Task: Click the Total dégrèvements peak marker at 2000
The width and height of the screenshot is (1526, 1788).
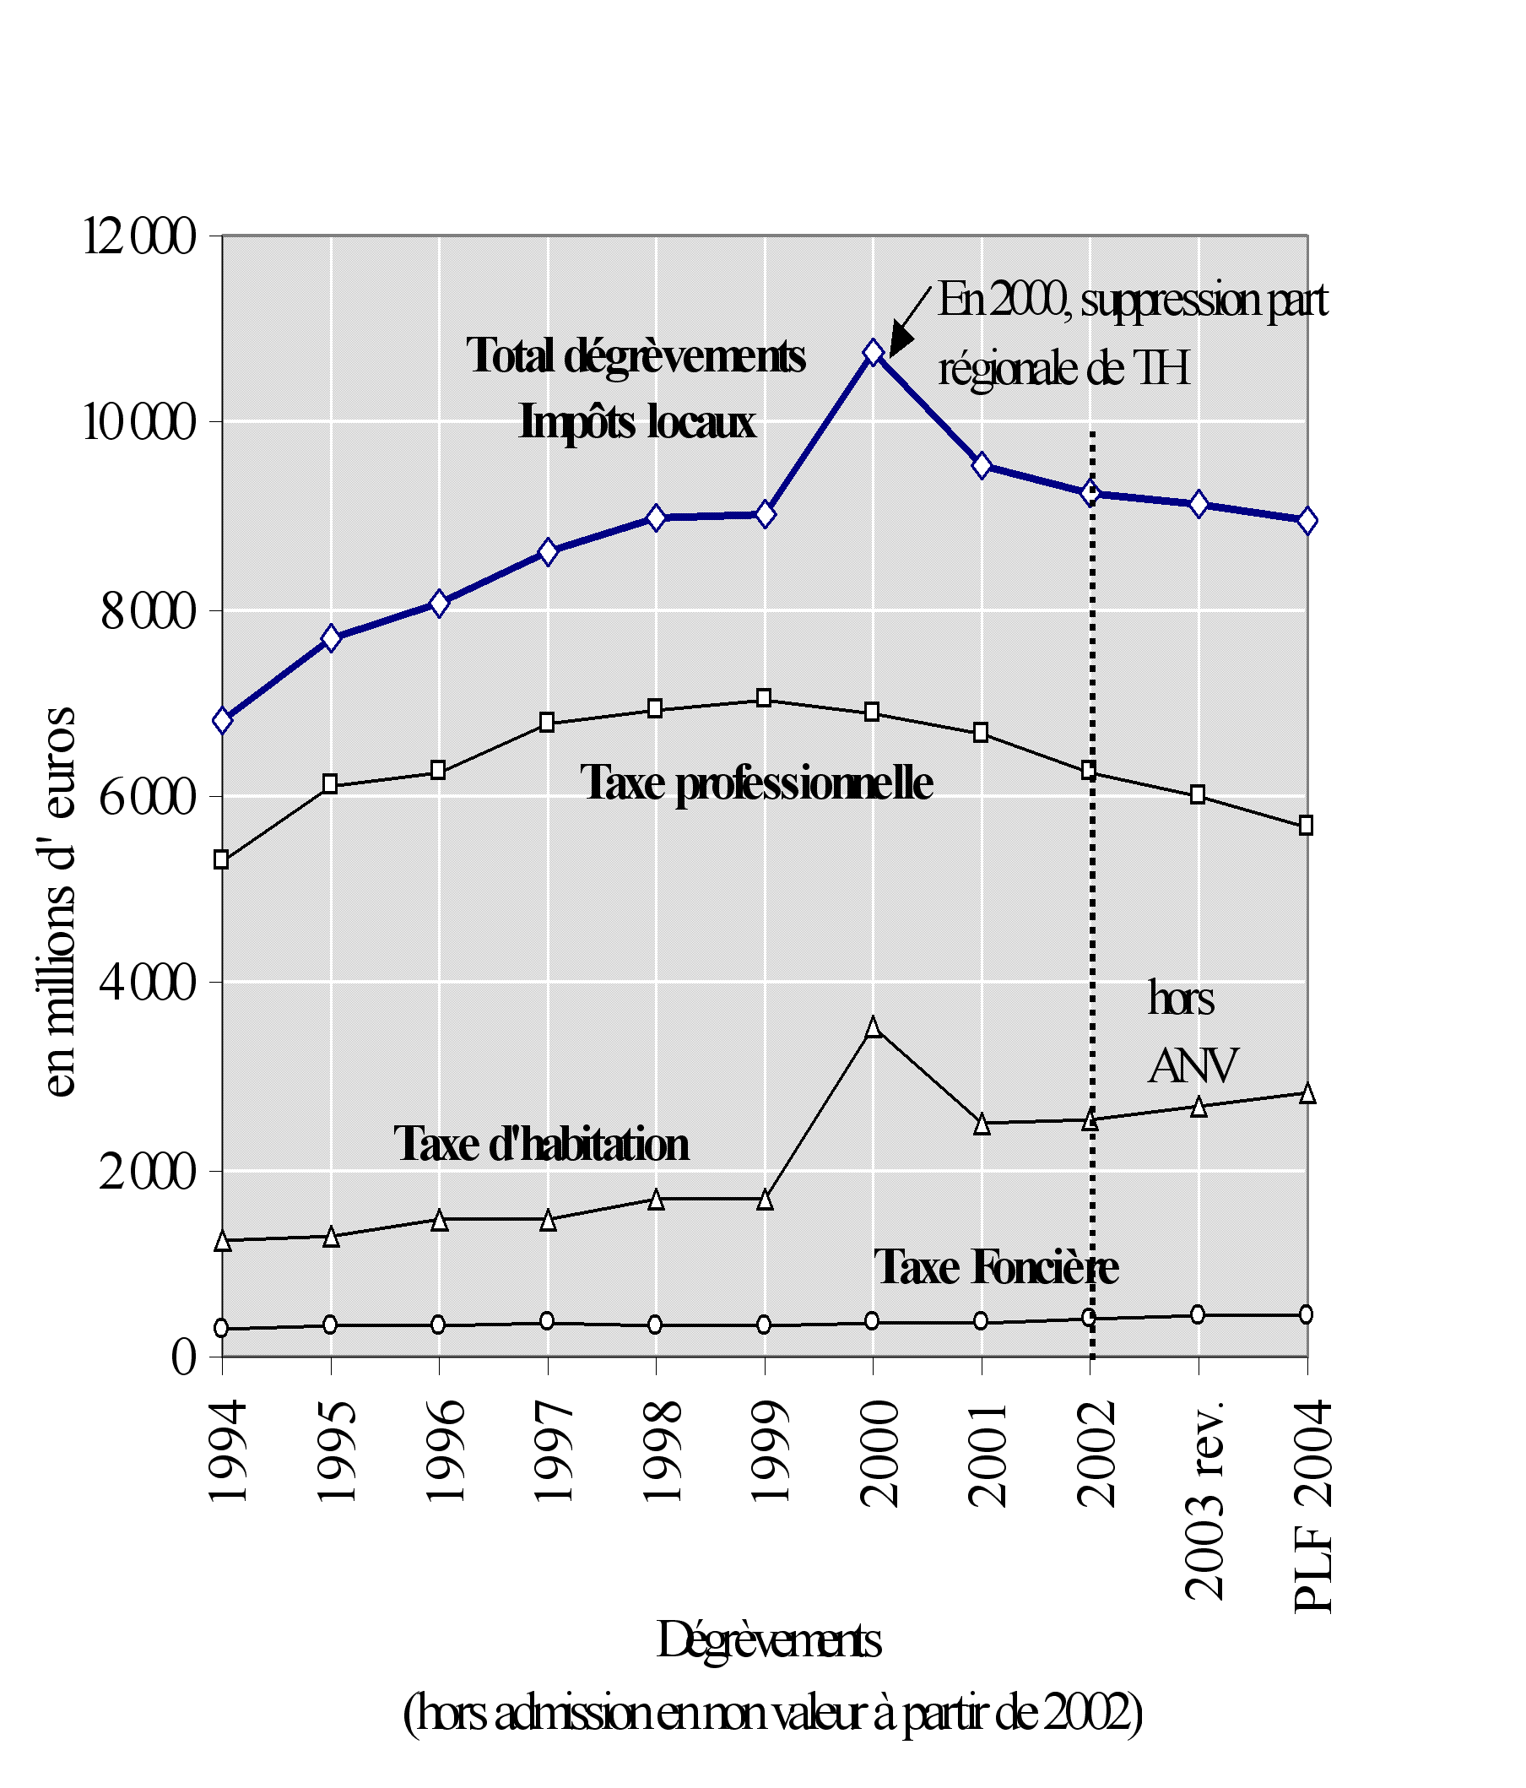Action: coord(873,352)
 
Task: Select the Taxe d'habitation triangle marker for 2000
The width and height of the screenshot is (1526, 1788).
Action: coord(873,1027)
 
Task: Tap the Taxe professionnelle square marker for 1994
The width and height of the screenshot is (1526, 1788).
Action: coord(222,859)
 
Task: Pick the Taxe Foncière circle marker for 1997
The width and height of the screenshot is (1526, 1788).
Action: coord(547,1321)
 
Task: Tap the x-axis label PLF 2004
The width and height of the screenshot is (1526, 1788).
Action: coord(1312,1506)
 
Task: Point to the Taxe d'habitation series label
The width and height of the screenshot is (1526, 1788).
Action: coord(542,1144)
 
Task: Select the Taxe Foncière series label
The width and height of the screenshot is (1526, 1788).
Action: coord(995,1267)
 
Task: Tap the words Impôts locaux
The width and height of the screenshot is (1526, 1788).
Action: coord(636,423)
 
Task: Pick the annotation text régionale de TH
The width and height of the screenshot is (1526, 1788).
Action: coord(1063,368)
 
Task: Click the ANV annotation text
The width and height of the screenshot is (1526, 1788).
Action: coord(1193,1065)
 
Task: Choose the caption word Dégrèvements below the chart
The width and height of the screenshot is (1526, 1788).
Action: coord(769,1639)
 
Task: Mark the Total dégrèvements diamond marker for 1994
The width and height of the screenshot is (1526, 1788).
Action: coord(223,721)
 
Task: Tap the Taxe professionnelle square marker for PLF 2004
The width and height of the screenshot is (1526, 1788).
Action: coord(1306,826)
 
